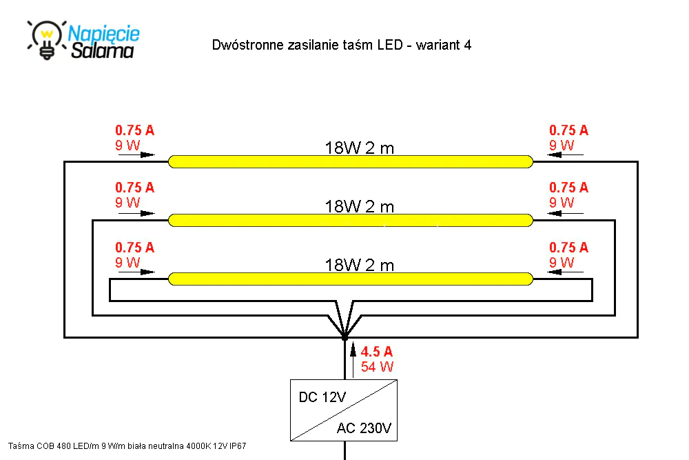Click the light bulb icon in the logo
click(47, 39)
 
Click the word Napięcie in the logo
click(104, 34)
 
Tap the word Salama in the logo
click(103, 50)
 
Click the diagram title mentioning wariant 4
click(342, 45)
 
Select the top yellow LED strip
click(351, 161)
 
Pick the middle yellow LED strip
click(351, 220)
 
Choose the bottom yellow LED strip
click(351, 279)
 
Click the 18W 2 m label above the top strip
click(360, 148)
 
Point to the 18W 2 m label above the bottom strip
click(360, 266)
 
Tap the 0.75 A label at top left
click(135, 130)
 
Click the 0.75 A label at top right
click(568, 130)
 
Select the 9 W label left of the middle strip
click(127, 202)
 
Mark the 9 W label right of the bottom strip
click(562, 263)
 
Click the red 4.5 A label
click(377, 352)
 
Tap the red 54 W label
click(377, 367)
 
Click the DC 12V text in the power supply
click(322, 397)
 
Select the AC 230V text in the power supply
click(364, 428)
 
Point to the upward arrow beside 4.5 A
click(353, 361)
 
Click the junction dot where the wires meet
click(345, 337)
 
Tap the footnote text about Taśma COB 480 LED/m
click(127, 446)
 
